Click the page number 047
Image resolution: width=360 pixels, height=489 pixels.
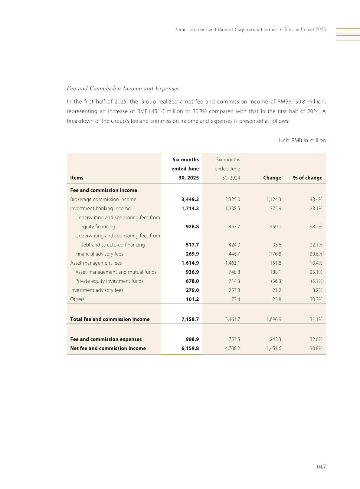pyautogui.click(x=321, y=467)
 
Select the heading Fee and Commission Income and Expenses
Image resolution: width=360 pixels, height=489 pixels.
pyautogui.click(x=123, y=88)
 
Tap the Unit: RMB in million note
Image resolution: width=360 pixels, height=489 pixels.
pyautogui.click(x=302, y=140)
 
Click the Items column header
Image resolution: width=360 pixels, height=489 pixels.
pyautogui.click(x=77, y=178)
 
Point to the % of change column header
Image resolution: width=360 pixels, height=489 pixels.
pyautogui.click(x=307, y=178)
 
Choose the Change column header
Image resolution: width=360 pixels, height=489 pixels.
pyautogui.click(x=272, y=178)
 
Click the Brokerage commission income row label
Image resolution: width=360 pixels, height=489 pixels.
pyautogui.click(x=103, y=199)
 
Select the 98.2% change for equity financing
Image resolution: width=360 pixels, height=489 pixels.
pyautogui.click(x=316, y=226)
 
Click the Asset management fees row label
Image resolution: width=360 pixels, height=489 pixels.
pyautogui.click(x=96, y=263)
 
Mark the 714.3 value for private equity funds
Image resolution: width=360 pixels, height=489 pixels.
pyautogui.click(x=234, y=281)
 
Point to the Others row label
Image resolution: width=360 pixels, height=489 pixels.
pyautogui.click(x=77, y=299)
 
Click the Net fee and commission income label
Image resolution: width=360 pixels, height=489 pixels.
pyautogui.click(x=108, y=348)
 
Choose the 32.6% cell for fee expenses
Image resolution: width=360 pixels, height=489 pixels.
pyautogui.click(x=316, y=339)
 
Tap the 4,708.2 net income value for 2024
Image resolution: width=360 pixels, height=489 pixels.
pyautogui.click(x=232, y=348)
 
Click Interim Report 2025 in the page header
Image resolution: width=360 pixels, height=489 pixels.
pyautogui.click(x=305, y=29)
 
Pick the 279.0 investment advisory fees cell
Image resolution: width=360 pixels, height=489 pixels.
pyautogui.click(x=192, y=290)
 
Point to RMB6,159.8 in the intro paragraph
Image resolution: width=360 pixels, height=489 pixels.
pyautogui.click(x=290, y=102)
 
